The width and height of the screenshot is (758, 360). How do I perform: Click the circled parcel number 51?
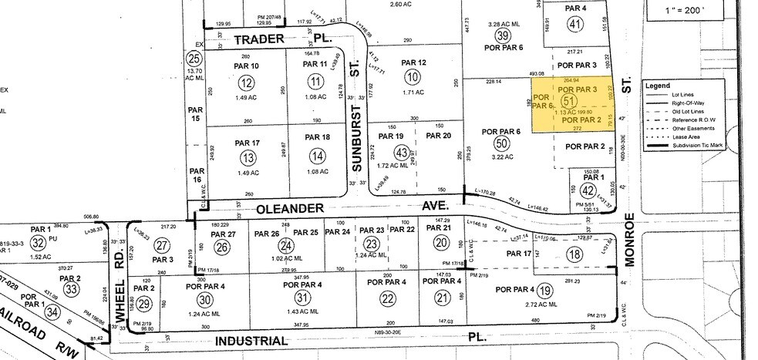[x=569, y=101]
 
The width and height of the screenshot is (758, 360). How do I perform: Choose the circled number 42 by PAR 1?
[x=588, y=190]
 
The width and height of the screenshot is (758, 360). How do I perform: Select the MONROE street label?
[x=629, y=239]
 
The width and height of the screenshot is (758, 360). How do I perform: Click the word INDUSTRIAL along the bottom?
[x=258, y=340]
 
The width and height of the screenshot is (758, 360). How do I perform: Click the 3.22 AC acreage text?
[x=502, y=156]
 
